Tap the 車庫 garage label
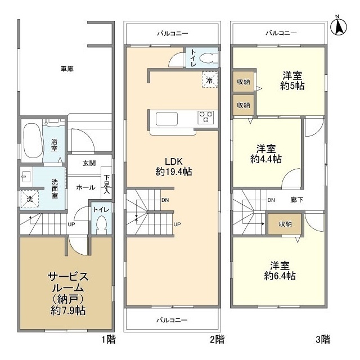(x=67, y=69)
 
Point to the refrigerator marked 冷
(x=209, y=80)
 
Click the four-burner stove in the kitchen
(x=206, y=117)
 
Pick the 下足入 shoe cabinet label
(x=106, y=184)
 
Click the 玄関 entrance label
(x=89, y=163)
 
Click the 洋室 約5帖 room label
(x=293, y=81)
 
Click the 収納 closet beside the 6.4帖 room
(x=284, y=223)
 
